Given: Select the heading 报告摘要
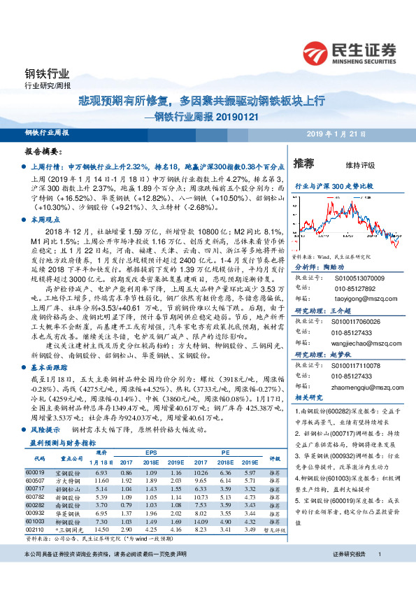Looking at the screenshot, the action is coord(43,152).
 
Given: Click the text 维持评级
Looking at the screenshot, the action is coord(360,165).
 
